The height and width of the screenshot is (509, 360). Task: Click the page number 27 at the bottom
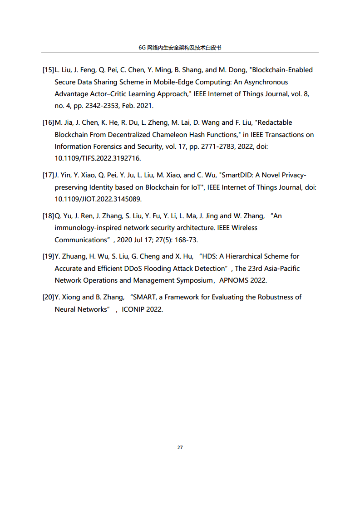[x=180, y=447]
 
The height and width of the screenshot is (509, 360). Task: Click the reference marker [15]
[x=48, y=70]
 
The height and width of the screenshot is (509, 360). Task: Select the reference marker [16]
[x=48, y=122]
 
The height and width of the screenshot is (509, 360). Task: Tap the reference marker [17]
[x=48, y=175]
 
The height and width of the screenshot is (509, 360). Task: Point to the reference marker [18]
[x=48, y=216]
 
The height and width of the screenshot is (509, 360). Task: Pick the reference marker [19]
[x=48, y=256]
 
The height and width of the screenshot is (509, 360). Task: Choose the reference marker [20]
[x=48, y=297]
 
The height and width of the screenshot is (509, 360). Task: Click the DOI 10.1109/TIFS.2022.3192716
[x=98, y=158]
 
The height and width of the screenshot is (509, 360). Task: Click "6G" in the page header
[x=142, y=48]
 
